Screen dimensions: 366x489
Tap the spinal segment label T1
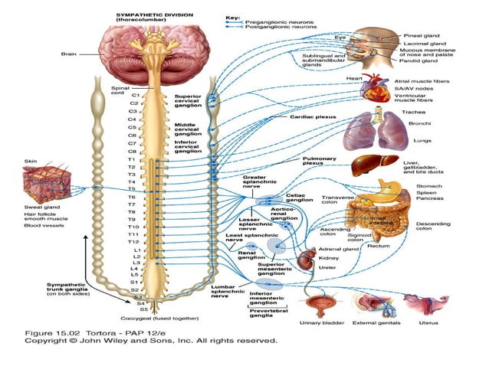[132, 158]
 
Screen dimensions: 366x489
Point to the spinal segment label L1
[137, 250]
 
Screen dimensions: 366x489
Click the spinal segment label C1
[135, 95]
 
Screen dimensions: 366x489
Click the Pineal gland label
[423, 36]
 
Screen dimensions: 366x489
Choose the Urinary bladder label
[317, 322]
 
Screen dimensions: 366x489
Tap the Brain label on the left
[68, 54]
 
